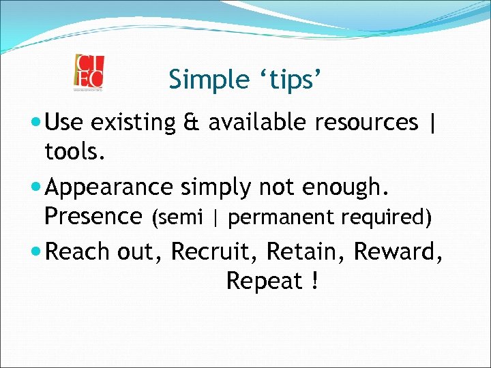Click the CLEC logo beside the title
click(x=89, y=72)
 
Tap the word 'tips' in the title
click(x=291, y=80)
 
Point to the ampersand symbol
click(x=192, y=123)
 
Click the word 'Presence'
click(x=92, y=216)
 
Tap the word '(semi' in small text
click(x=177, y=218)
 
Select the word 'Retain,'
click(x=306, y=252)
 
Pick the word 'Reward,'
click(x=399, y=252)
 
